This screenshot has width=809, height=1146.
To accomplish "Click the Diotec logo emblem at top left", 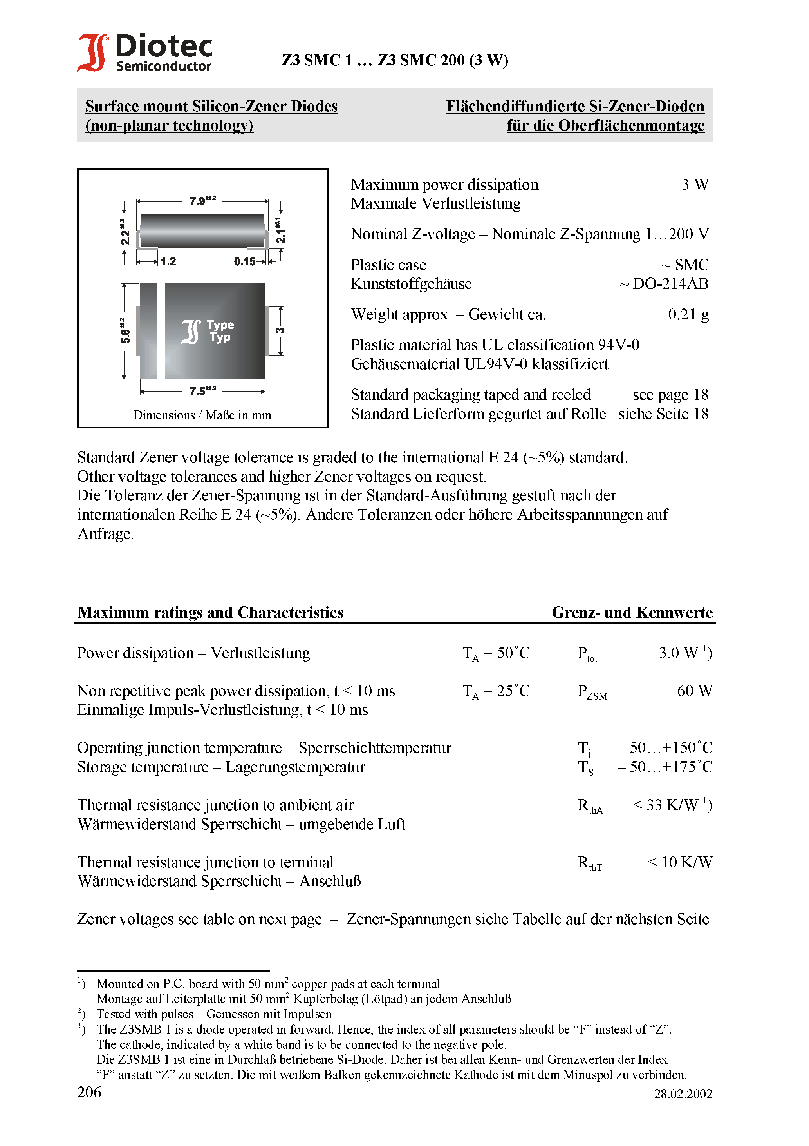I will pyautogui.click(x=93, y=53).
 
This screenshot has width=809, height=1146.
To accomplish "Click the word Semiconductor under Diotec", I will pyautogui.click(x=164, y=66).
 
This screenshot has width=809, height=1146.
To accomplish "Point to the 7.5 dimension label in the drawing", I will pyautogui.click(x=202, y=391).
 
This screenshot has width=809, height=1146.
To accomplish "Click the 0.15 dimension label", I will pyautogui.click(x=244, y=261).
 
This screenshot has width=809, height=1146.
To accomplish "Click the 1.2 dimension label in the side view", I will pyautogui.click(x=168, y=261).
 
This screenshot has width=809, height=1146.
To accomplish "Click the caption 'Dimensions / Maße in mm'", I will pyautogui.click(x=202, y=415).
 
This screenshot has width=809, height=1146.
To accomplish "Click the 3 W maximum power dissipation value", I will pyautogui.click(x=694, y=185).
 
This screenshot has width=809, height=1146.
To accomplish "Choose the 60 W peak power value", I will pyautogui.click(x=694, y=691).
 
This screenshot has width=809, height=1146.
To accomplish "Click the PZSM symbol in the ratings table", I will pyautogui.click(x=592, y=692).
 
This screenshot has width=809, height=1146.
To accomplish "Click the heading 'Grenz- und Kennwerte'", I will pyautogui.click(x=632, y=613).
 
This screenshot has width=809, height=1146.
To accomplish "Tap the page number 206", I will pyautogui.click(x=89, y=1092).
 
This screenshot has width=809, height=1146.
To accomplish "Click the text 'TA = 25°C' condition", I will pyautogui.click(x=496, y=691).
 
